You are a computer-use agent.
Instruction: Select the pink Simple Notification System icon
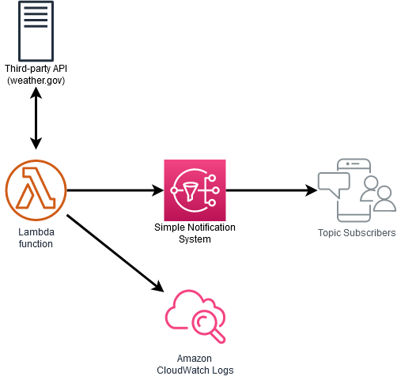(195, 190)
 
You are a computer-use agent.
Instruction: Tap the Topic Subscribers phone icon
(355, 190)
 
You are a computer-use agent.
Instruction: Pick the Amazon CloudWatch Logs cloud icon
(195, 314)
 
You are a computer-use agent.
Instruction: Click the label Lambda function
(36, 238)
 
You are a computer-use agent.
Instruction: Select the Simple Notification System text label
(195, 233)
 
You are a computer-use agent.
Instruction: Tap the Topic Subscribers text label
(356, 233)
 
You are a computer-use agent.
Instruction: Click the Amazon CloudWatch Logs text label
(195, 364)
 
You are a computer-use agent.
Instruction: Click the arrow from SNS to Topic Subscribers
(269, 190)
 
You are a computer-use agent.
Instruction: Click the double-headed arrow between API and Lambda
(36, 118)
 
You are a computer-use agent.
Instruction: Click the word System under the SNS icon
(195, 239)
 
